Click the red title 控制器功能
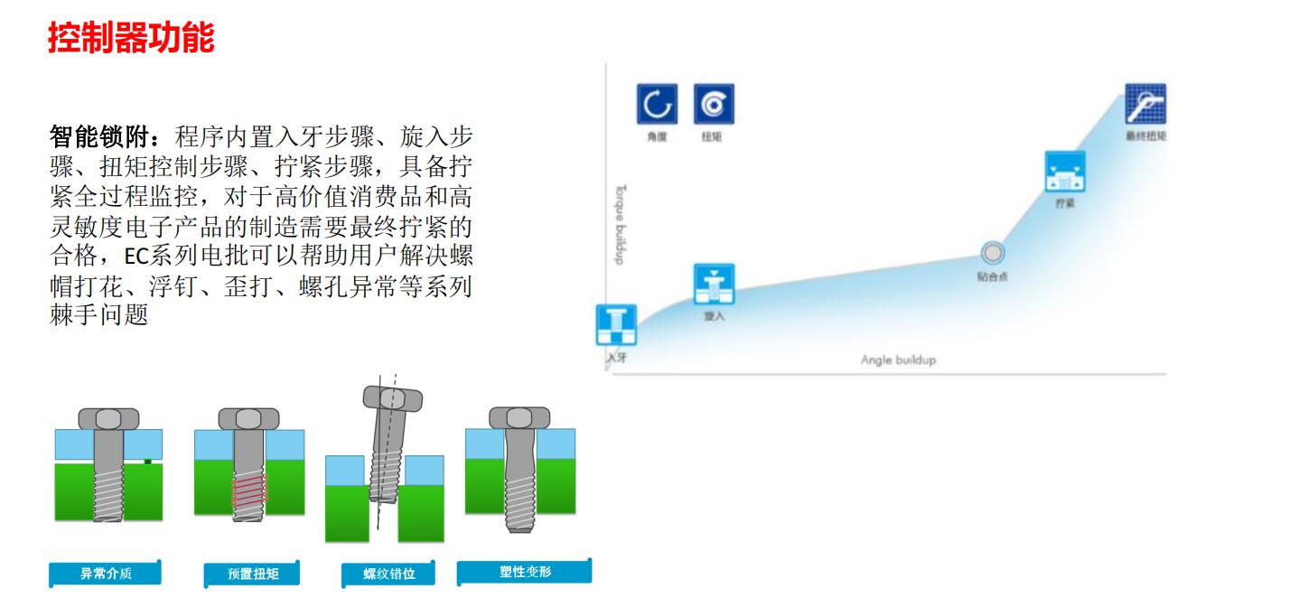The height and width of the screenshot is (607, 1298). (131, 38)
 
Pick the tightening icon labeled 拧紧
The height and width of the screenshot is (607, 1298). (1065, 172)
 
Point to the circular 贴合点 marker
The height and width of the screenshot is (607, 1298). (993, 253)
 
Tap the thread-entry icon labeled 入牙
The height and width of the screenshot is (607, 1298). (617, 325)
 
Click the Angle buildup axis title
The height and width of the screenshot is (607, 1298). (898, 360)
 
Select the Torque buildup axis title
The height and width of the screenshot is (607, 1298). (621, 225)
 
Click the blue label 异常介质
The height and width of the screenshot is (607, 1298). (106, 574)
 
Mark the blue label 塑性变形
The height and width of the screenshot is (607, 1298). (525, 572)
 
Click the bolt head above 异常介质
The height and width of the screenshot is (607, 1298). (108, 418)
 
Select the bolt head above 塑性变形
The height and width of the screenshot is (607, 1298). (519, 417)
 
